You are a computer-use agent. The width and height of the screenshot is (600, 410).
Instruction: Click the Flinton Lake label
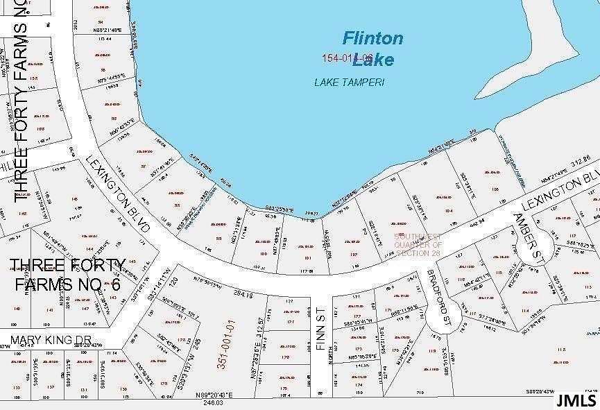(x=372, y=48)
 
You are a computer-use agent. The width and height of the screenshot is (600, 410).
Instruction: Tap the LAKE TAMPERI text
(x=349, y=82)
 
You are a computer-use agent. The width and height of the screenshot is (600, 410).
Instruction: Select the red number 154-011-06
(x=347, y=58)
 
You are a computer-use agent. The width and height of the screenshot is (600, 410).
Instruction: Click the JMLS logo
(x=575, y=400)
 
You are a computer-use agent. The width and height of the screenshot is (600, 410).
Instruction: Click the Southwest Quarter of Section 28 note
(x=418, y=245)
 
